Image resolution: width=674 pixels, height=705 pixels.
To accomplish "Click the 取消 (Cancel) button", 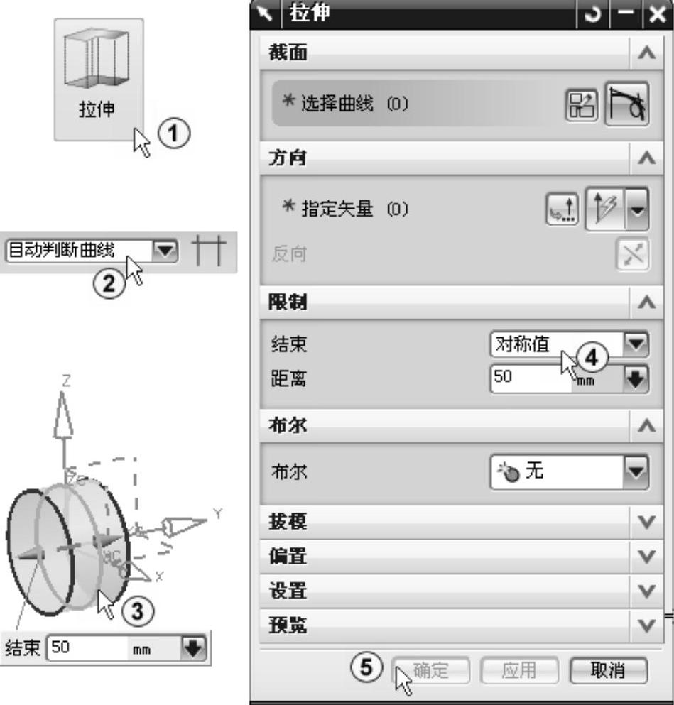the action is click(x=609, y=671).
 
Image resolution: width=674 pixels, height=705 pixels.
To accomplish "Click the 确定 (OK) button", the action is click(x=430, y=671).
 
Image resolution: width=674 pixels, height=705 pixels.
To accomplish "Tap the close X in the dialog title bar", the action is click(x=658, y=14).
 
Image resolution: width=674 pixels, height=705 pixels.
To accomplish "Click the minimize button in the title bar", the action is click(x=626, y=14).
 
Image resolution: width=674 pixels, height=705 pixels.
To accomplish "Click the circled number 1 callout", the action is click(x=173, y=133).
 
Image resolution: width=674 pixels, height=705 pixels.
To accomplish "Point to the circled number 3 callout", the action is click(x=136, y=611).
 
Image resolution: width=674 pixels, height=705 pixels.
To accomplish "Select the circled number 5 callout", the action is click(x=366, y=667).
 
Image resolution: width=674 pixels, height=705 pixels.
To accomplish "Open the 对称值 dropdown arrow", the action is click(x=636, y=344).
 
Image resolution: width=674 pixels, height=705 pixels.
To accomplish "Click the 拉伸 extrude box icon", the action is click(x=97, y=57).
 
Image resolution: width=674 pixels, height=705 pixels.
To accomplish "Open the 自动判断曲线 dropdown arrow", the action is click(x=165, y=251).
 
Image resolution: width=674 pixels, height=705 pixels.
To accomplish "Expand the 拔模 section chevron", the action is click(x=646, y=522).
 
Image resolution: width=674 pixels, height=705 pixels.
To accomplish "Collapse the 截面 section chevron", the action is click(x=646, y=53).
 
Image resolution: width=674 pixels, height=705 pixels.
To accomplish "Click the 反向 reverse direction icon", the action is click(x=632, y=254).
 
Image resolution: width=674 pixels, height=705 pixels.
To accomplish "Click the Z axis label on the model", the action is click(x=66, y=381).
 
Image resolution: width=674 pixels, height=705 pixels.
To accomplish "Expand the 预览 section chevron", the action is click(x=646, y=625).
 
